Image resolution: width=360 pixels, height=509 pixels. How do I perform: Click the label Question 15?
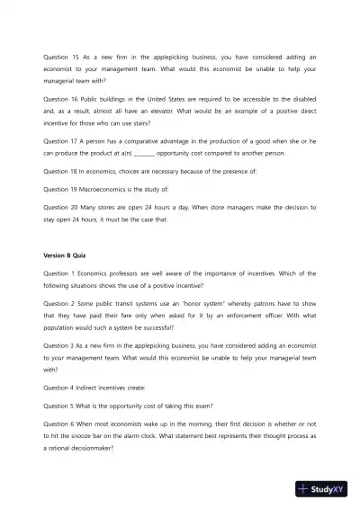point(60,57)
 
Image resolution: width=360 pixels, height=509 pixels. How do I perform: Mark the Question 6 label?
point(58,423)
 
